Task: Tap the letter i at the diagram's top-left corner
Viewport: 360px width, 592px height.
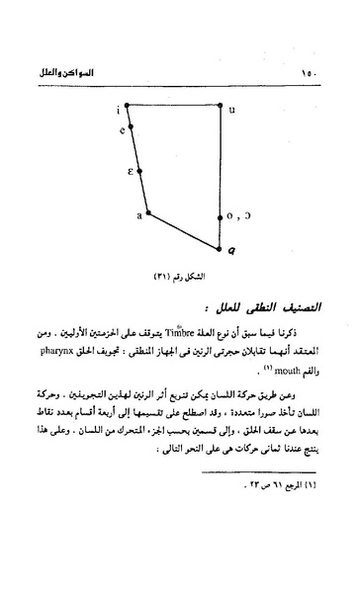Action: [117, 108]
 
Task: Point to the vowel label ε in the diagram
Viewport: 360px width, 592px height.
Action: [130, 171]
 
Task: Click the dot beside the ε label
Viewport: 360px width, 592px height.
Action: [139, 171]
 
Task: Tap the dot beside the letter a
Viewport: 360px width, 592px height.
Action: [148, 212]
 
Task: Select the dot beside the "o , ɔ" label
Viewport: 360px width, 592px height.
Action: [219, 212]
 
